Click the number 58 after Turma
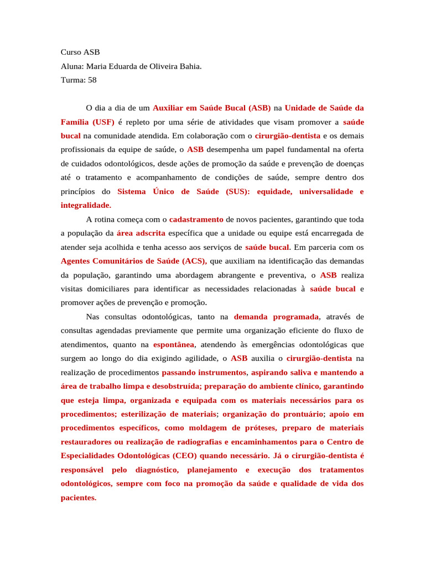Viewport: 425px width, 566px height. click(x=92, y=80)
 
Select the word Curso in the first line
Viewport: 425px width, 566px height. click(x=71, y=53)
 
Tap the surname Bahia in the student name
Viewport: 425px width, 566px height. click(x=190, y=66)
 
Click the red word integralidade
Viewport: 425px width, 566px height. click(x=85, y=205)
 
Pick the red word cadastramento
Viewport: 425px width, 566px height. click(x=196, y=219)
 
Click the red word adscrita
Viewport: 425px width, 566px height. click(x=149, y=233)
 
